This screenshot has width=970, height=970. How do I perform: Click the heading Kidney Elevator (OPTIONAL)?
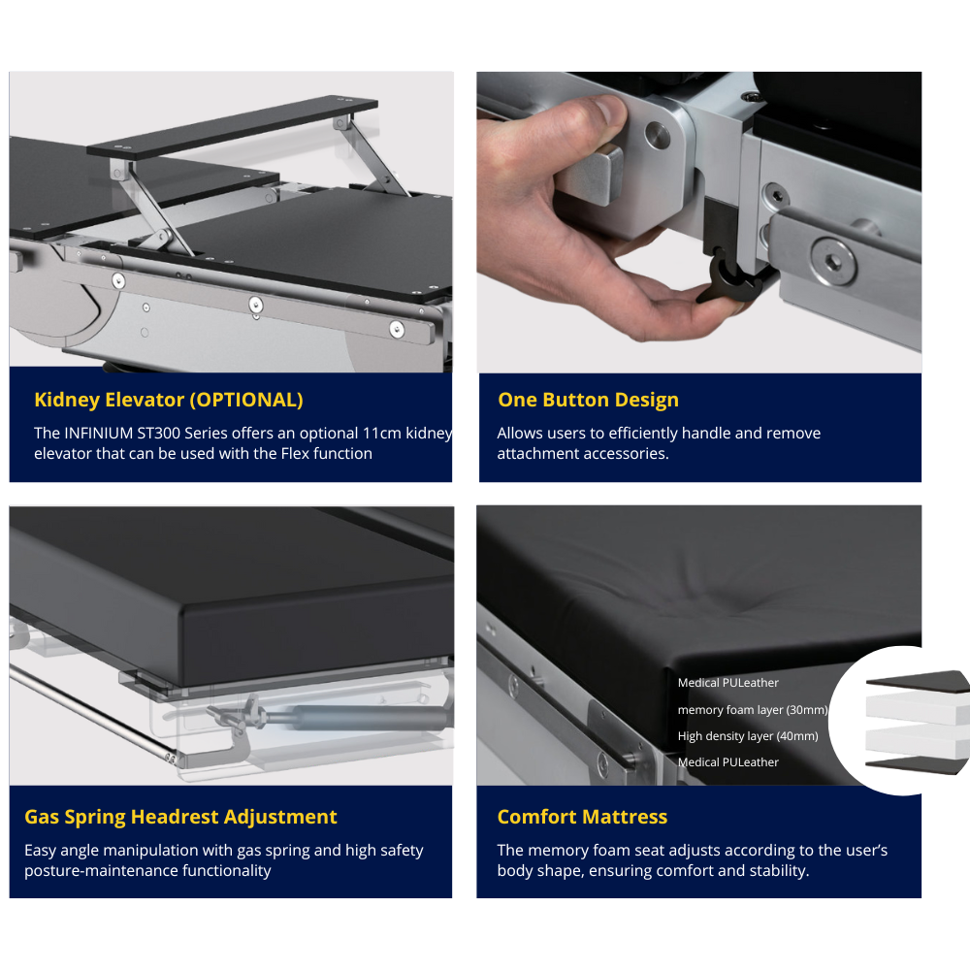[168, 400]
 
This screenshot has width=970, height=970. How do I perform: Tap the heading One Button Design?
[589, 400]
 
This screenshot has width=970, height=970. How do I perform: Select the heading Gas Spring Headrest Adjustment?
[180, 817]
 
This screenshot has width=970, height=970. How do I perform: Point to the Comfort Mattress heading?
[582, 817]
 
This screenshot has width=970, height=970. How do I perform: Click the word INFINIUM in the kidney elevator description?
[98, 433]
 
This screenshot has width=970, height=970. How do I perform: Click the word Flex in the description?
[295, 453]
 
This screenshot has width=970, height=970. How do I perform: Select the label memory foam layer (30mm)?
[753, 710]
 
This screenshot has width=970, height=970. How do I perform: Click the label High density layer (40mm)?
[748, 736]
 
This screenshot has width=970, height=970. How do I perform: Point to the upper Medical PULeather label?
[728, 682]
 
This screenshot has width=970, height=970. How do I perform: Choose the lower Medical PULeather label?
[728, 762]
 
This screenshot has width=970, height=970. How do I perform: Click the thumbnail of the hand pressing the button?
[699, 222]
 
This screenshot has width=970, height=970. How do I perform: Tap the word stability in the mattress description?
[779, 871]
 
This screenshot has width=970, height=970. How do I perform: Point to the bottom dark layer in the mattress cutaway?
[915, 764]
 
